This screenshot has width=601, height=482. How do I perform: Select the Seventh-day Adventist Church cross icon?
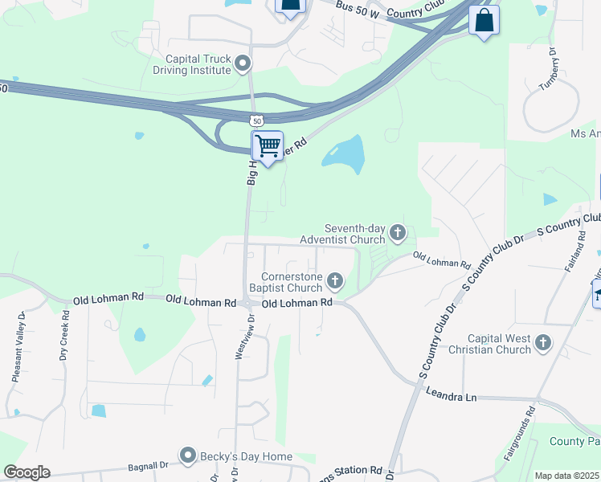click(397, 234)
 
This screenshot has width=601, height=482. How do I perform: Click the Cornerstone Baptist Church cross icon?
click(335, 282)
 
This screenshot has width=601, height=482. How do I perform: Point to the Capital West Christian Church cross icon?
click(543, 344)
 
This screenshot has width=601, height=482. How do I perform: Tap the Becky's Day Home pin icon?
click(188, 456)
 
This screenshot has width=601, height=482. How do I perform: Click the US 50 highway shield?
click(256, 120)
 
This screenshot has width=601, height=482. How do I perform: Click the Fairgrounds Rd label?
click(519, 434)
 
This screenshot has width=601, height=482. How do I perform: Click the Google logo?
click(27, 472)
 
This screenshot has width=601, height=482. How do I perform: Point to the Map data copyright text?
click(567, 476)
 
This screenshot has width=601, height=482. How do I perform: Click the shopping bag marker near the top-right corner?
click(484, 21)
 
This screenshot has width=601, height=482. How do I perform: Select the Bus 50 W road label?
click(357, 7)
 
